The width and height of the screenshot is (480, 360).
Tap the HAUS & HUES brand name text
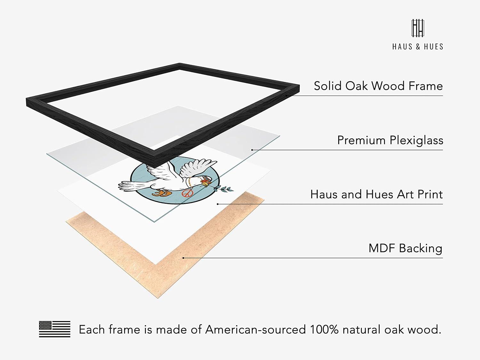coord(418,46)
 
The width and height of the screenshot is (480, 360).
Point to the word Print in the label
coord(429,194)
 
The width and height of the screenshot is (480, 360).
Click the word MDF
coord(382,248)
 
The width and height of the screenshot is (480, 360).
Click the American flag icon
coord(55,329)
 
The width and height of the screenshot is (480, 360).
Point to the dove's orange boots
coord(162,193)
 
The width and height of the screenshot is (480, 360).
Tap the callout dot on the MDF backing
coord(183,258)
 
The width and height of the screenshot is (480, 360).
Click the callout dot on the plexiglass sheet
coord(252,150)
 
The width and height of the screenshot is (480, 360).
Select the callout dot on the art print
coord(218,204)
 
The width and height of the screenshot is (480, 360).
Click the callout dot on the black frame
coord(286,96)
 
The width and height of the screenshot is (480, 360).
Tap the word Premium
coord(361,140)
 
